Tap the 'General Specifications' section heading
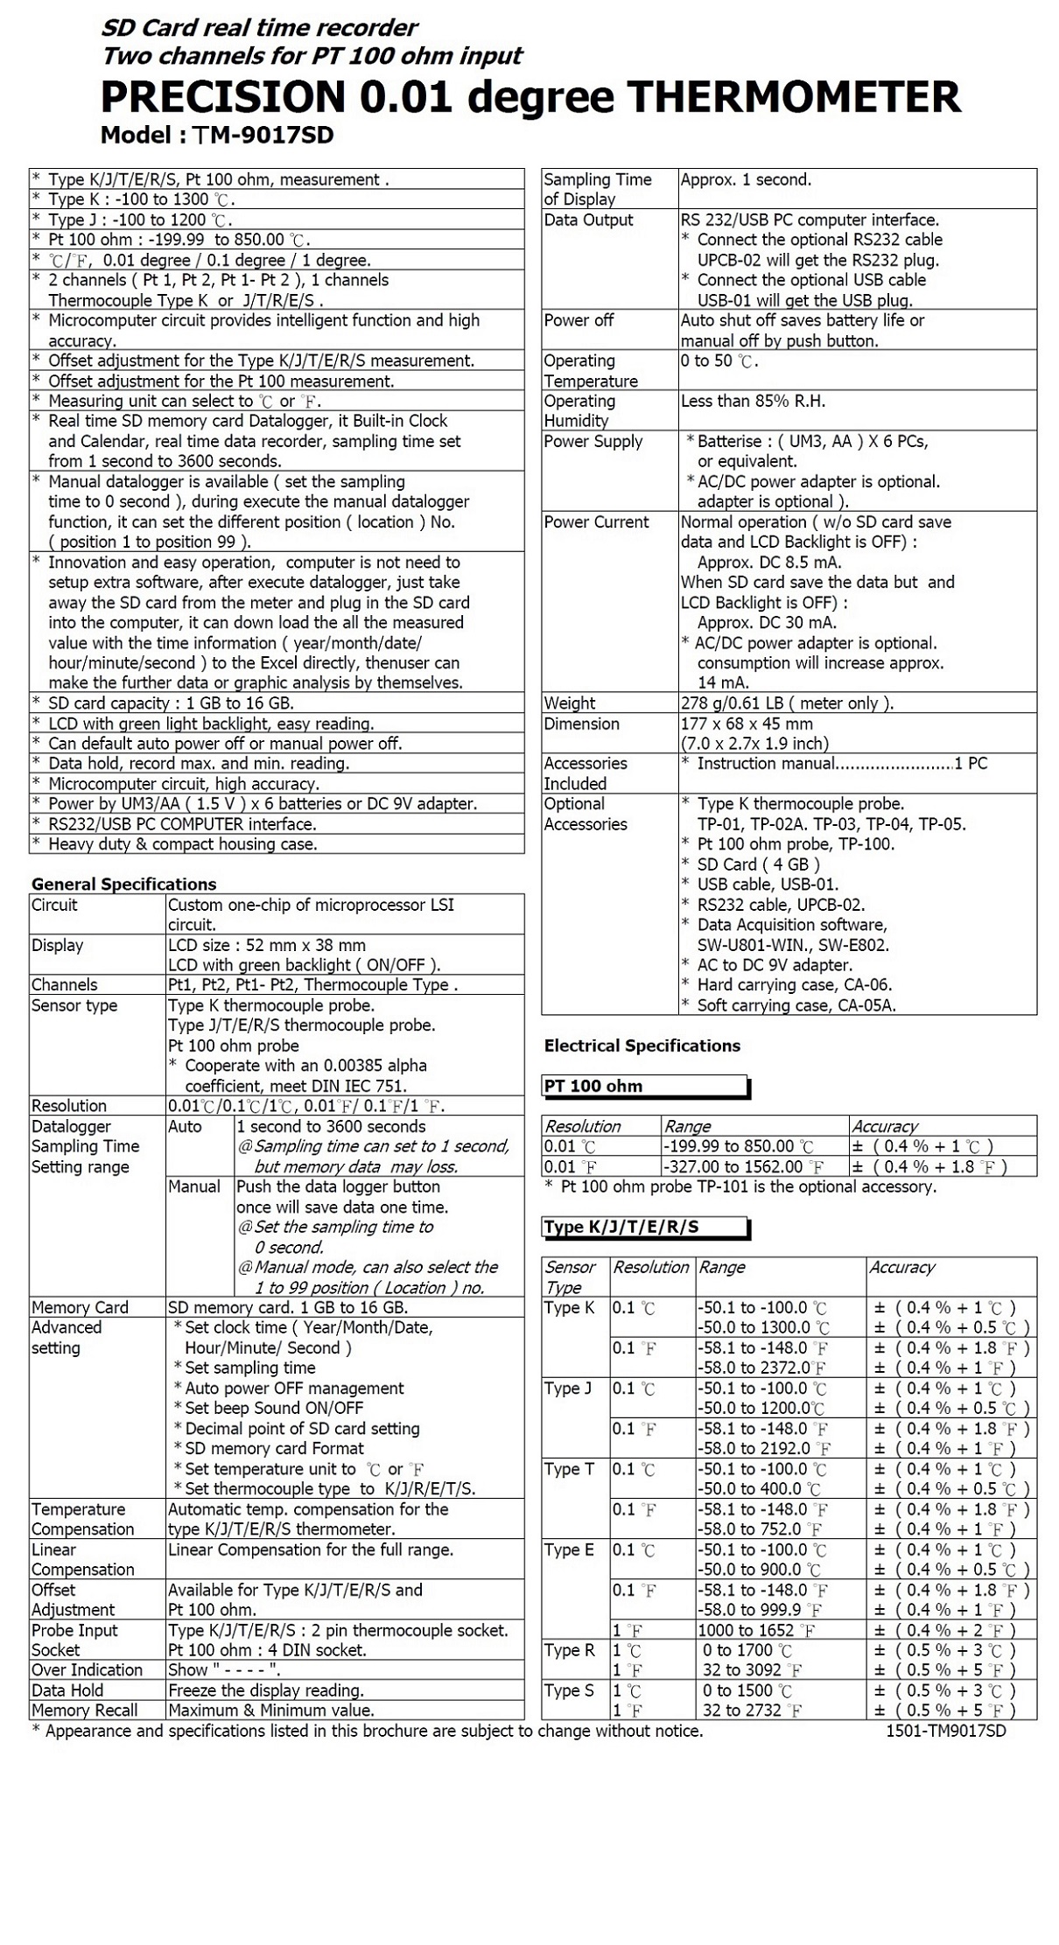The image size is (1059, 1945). pyautogui.click(x=123, y=884)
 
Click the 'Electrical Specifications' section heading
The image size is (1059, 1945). pyautogui.click(x=642, y=1046)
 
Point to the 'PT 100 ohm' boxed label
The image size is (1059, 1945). pyautogui.click(x=593, y=1086)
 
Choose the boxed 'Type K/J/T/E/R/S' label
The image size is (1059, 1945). pyautogui.click(x=621, y=1227)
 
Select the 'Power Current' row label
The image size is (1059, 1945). pyautogui.click(x=596, y=522)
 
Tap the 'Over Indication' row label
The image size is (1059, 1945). pyautogui.click(x=87, y=1670)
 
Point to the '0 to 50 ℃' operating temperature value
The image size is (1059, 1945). pyautogui.click(x=719, y=361)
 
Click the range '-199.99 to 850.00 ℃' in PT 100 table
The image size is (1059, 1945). pyautogui.click(x=739, y=1146)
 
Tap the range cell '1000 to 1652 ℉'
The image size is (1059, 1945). pyautogui.click(x=756, y=1630)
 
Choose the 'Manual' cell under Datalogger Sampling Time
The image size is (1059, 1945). pyautogui.click(x=194, y=1186)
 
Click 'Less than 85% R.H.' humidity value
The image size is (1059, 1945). pyautogui.click(x=753, y=402)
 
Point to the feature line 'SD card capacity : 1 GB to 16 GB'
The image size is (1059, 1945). pyautogui.click(x=171, y=703)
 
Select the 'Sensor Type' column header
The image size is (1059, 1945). pyautogui.click(x=570, y=1277)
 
